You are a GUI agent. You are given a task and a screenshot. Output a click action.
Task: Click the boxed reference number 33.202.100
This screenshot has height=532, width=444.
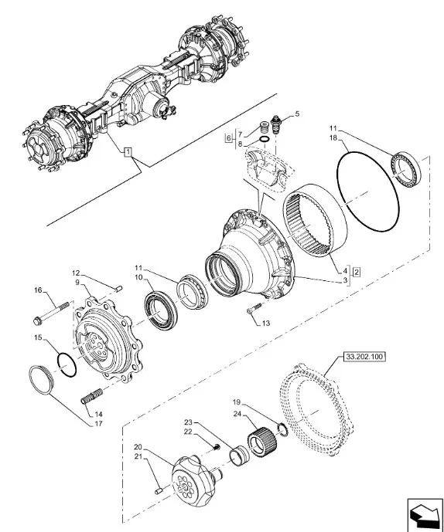click(x=364, y=357)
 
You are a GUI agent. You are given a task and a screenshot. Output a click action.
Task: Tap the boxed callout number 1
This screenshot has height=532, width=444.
click(x=128, y=151)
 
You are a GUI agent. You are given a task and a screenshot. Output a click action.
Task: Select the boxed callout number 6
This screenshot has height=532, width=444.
click(x=229, y=138)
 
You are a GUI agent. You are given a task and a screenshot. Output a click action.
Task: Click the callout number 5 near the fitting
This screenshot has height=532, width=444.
click(x=297, y=114)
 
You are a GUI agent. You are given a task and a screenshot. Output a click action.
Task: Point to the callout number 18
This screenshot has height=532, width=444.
click(x=333, y=137)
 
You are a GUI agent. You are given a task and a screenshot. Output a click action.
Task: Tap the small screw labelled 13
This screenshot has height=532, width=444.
click(x=254, y=308)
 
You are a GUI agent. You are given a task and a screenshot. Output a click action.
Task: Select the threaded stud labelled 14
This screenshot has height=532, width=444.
click(x=92, y=396)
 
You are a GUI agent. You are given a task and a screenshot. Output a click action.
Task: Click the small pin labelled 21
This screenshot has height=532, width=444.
click(x=159, y=490)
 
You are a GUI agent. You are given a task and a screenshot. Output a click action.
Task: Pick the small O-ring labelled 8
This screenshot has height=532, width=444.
click(x=265, y=139)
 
